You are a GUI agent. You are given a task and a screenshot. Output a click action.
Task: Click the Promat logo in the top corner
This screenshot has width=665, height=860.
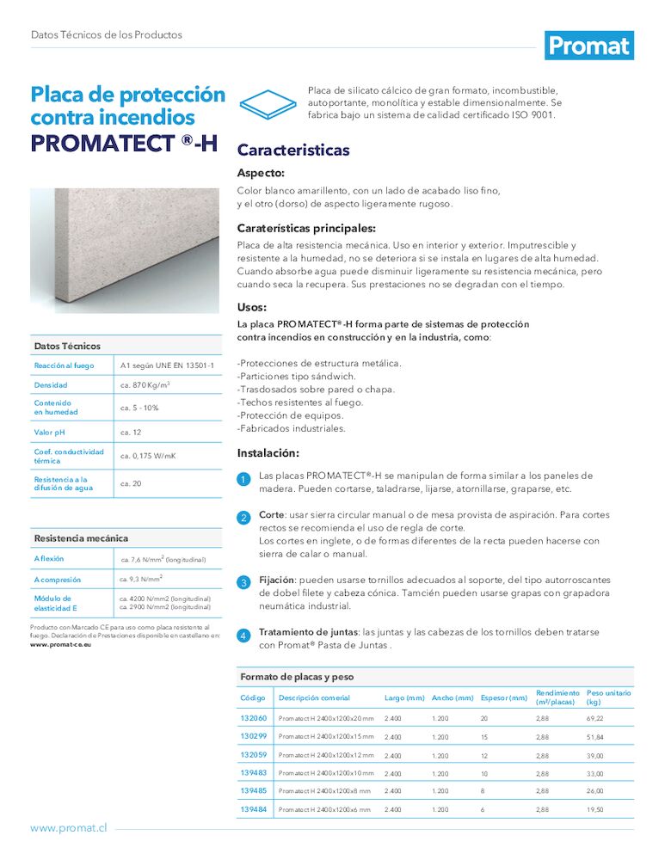[x=589, y=46]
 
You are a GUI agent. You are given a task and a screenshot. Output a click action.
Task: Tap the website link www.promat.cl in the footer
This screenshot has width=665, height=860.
[x=69, y=827]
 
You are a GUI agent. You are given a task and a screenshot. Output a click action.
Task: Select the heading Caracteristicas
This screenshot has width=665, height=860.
[x=293, y=150]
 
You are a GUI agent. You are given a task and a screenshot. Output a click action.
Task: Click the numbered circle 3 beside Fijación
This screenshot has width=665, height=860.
[x=243, y=583]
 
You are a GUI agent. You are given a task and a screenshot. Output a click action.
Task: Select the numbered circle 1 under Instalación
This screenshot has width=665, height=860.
[x=243, y=479]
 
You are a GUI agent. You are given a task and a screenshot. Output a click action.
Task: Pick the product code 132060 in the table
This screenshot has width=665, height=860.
[x=254, y=718]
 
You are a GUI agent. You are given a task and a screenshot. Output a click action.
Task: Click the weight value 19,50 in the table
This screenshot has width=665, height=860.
[x=594, y=809]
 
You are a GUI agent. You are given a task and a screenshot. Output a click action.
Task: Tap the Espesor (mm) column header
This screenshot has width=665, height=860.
[x=503, y=697]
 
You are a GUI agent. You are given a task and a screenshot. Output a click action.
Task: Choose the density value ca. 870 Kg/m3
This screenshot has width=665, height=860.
[x=145, y=385]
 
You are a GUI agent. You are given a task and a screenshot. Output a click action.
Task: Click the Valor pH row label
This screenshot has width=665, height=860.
[x=50, y=432]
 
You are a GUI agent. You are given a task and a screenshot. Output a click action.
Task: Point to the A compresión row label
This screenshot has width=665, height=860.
[x=58, y=580]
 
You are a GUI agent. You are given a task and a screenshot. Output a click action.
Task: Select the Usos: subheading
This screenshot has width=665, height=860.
[x=252, y=307]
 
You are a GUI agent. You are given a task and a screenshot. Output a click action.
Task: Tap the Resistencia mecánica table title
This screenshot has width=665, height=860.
[x=81, y=538]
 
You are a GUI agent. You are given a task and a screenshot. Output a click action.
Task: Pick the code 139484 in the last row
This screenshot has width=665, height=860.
[x=254, y=809]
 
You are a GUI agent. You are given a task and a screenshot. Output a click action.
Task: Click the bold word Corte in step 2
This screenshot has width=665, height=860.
[x=273, y=515]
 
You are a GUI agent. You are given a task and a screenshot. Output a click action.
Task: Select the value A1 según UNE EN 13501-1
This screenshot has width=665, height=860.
[x=167, y=366]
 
